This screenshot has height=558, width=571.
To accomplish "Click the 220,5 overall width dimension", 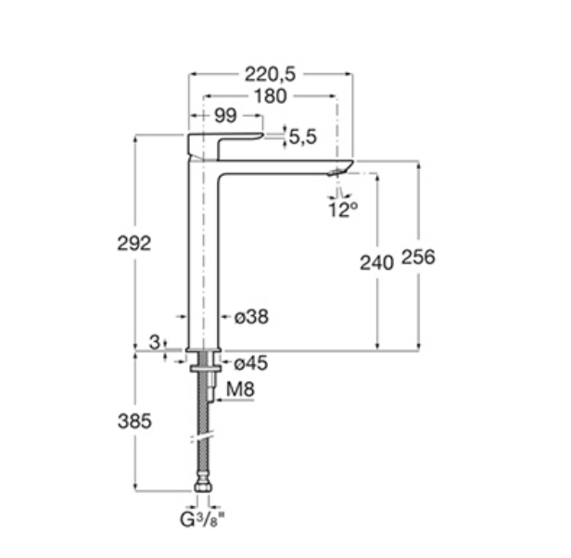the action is tap(270, 74).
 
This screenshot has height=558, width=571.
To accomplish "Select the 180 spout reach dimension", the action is tap(271, 96).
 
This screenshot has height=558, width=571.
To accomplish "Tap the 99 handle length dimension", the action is tap(225, 116).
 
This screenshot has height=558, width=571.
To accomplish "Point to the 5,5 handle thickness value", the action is tap(302, 137).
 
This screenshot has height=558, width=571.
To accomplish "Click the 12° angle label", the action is tap(343, 209).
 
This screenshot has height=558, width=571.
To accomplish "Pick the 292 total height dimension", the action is tap(134, 243).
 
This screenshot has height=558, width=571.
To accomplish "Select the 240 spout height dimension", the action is tap(377, 262).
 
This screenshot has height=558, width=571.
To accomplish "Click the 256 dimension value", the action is tap(418, 257).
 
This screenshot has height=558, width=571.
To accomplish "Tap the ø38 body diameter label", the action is tap(251, 316).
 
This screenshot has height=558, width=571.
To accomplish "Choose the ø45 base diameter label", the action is tap(251, 363).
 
